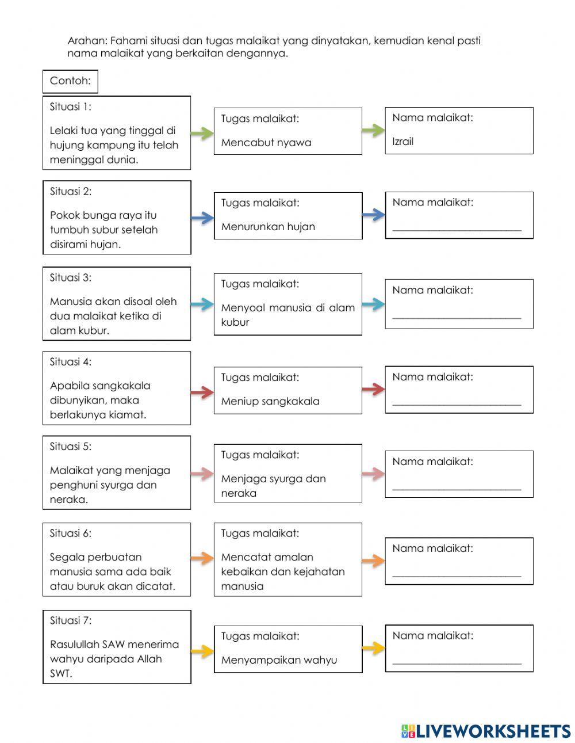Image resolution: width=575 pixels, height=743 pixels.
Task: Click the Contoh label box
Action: tap(70, 81)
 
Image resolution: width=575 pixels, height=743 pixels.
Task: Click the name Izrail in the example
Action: tap(403, 142)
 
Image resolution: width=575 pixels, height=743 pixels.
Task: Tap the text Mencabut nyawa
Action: tap(266, 143)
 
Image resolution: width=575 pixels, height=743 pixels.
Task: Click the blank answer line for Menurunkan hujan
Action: tap(457, 228)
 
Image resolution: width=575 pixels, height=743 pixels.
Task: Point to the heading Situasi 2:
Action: tap(71, 191)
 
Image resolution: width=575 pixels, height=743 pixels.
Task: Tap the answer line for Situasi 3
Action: tap(457, 316)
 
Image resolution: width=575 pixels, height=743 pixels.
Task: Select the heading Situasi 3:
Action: tap(71, 277)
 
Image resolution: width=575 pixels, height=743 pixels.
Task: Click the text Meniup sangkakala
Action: tap(270, 401)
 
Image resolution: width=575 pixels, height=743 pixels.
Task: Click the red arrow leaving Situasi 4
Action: tap(202, 393)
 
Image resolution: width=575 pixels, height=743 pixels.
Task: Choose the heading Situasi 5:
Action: tap(71, 446)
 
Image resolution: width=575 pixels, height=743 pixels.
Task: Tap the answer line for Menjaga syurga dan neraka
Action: tap(457, 488)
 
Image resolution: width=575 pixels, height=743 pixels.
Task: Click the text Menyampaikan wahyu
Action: tap(279, 660)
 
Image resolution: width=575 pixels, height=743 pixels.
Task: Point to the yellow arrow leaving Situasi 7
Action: tap(202, 651)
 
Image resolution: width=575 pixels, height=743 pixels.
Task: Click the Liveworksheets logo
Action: tap(486, 731)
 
